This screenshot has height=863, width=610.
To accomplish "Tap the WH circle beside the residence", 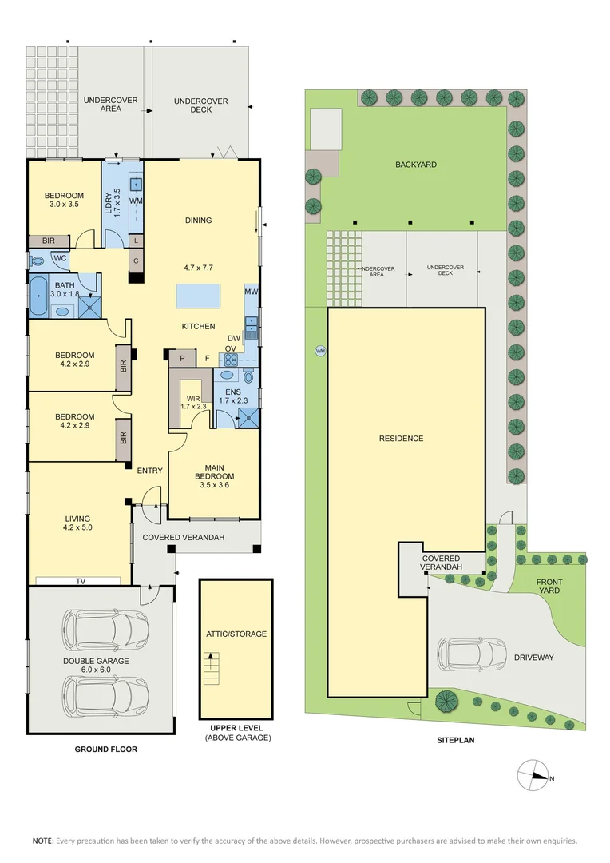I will [x=320, y=350].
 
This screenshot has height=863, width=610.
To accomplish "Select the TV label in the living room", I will [x=81, y=581].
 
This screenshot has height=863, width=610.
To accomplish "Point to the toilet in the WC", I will [x=37, y=260].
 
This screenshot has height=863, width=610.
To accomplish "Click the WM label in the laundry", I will [x=136, y=201].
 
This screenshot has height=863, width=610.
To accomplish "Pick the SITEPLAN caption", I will [x=455, y=741].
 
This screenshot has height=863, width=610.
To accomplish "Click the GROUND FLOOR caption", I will [x=106, y=750].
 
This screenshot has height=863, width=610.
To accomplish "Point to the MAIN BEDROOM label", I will [x=214, y=472].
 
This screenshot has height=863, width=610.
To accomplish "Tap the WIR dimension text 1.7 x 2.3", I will [x=192, y=406].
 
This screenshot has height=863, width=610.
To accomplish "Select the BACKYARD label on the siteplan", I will [x=415, y=165].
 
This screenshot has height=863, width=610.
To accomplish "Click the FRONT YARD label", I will [x=549, y=587].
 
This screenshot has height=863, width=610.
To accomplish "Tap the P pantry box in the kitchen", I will [x=182, y=358].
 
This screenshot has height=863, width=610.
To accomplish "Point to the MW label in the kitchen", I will [x=251, y=293].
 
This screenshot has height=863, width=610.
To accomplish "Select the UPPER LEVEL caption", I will [x=236, y=727].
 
